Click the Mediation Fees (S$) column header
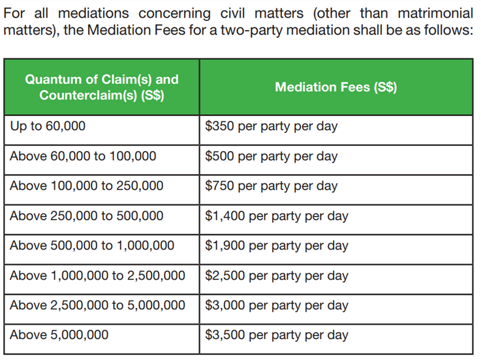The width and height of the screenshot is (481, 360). pos(335,87)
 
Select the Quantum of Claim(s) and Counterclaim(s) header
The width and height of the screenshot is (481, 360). pos(101,87)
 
